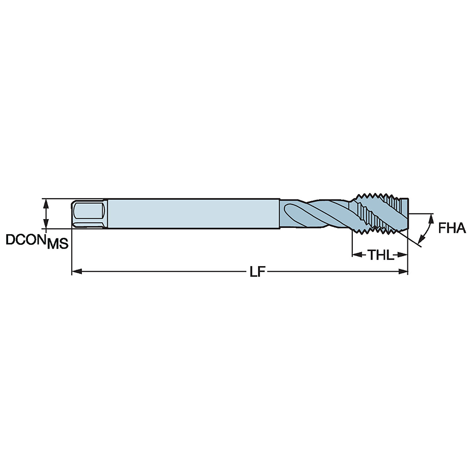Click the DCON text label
25,239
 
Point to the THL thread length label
380,255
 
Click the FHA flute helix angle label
452,229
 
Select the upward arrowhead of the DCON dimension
46,203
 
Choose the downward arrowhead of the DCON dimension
46,225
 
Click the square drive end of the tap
88,214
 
